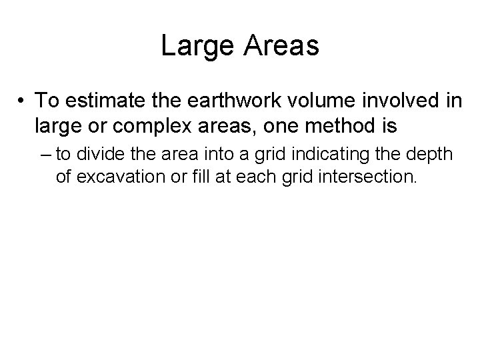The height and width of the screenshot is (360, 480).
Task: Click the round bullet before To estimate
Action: tap(23, 101)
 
